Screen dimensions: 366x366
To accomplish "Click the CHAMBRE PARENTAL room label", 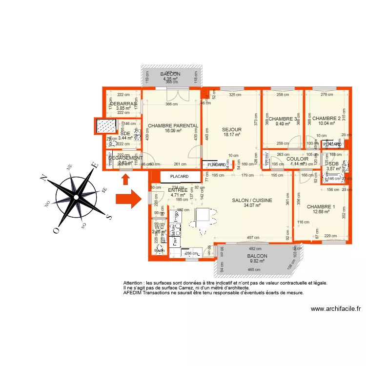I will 173,125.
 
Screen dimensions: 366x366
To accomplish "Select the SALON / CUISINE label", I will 251,200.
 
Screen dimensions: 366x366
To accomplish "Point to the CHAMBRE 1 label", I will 321,206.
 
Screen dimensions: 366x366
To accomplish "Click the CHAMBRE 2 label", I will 326,118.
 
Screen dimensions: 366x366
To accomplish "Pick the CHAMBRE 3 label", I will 283,119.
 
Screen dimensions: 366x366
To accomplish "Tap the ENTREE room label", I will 177,190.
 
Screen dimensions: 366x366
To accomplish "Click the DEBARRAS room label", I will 123,104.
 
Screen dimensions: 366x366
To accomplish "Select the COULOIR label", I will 297,159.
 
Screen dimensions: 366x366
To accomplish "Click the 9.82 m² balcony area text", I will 257,261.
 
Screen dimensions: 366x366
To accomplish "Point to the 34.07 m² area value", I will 251,205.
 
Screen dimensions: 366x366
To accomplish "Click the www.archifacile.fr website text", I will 335,308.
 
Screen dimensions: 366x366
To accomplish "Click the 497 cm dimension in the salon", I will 253,238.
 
